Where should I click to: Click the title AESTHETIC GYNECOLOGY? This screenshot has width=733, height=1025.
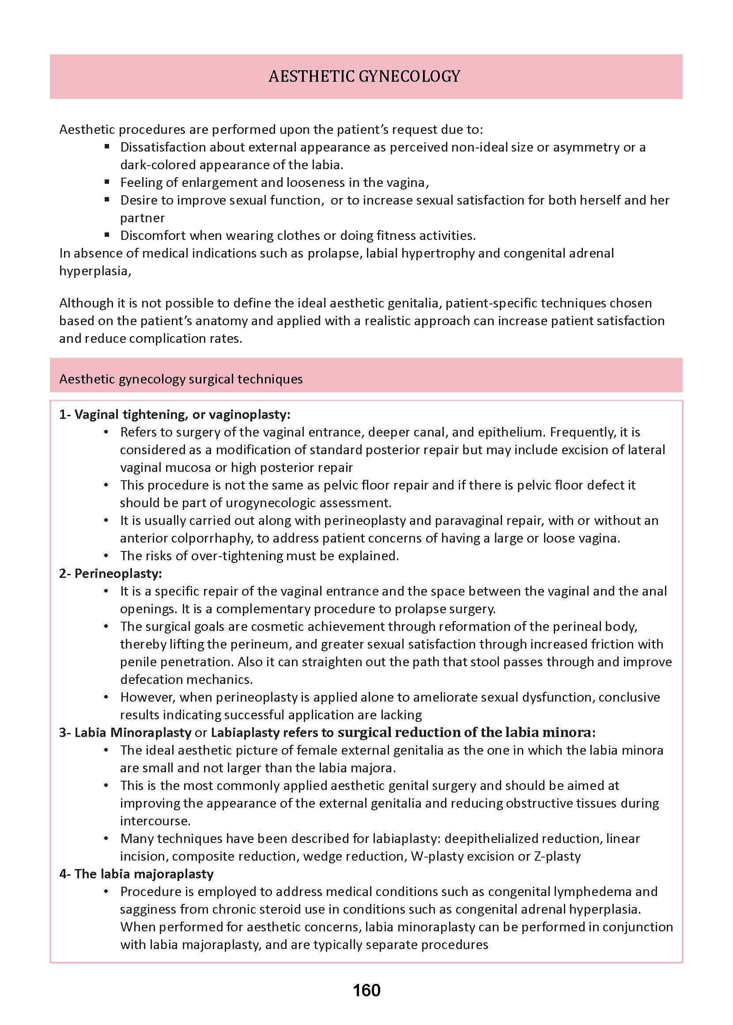click(x=364, y=76)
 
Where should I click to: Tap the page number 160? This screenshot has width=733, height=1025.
click(x=366, y=990)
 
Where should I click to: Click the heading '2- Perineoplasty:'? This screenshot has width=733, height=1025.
click(x=110, y=573)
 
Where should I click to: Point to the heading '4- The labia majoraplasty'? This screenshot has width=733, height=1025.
click(x=136, y=874)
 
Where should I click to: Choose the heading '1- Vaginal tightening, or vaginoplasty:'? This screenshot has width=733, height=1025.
click(x=175, y=414)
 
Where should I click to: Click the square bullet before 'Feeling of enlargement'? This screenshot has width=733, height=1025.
click(x=107, y=182)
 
